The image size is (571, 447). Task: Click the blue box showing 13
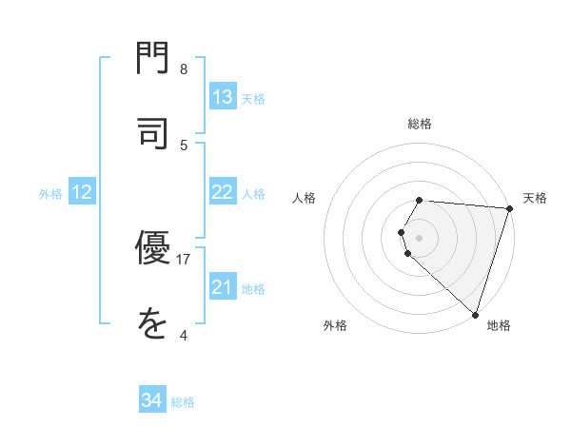coord(223,97)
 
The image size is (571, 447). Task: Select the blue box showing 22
coord(223,192)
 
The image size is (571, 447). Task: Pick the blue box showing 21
coord(223,286)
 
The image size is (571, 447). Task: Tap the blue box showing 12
coord(82,192)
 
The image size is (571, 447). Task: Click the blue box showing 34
coord(152,401)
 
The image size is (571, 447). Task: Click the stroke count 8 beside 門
coord(184,69)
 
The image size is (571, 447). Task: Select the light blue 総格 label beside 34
coord(183,402)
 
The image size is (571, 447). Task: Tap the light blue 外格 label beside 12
coord(50,193)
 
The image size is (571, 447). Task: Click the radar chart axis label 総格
coord(420,124)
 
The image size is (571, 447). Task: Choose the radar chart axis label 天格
coord(535,198)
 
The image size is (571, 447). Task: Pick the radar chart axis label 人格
coord(305,198)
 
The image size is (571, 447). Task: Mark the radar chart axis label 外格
coord(335,326)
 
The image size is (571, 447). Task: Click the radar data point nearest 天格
coord(509,208)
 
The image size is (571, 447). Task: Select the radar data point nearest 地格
coord(475,314)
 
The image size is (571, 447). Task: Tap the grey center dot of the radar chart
coord(420,237)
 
